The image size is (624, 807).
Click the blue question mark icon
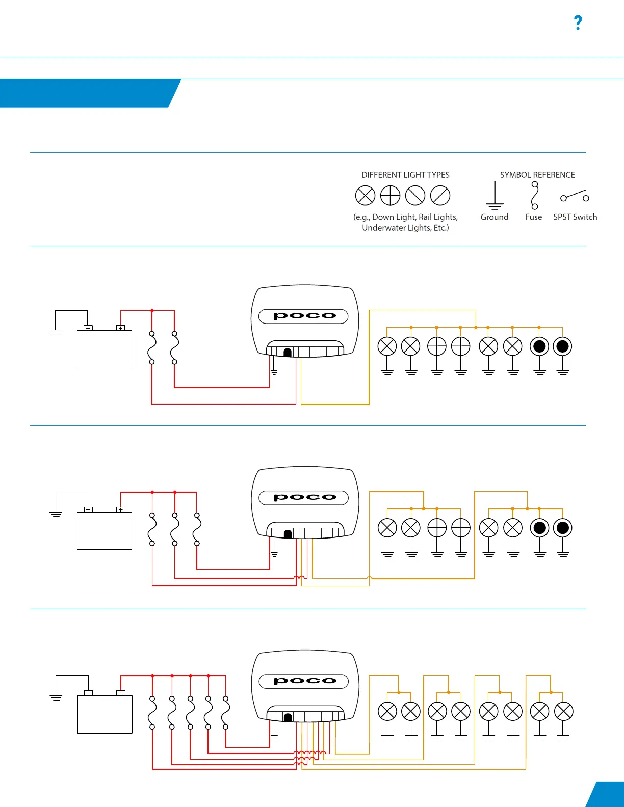578,22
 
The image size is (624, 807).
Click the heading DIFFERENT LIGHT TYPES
405,175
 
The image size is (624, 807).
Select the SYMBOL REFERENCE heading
537,175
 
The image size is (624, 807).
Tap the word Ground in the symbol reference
495,217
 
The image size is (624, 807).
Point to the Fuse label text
534,217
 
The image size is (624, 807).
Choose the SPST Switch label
575,217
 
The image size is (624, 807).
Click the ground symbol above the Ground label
495,196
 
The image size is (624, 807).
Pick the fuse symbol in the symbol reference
535,196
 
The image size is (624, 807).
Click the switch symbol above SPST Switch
575,196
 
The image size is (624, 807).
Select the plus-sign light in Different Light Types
391,196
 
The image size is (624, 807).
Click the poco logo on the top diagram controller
304,316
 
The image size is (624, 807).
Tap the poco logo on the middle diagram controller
304,497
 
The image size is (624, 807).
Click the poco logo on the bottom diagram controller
304,681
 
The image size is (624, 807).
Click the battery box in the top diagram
105,349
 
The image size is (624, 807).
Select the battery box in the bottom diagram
105,714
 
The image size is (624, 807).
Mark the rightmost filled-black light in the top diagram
563,346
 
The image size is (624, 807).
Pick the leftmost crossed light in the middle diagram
387,528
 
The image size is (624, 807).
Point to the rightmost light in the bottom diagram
564,712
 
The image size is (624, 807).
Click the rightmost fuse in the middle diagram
197,529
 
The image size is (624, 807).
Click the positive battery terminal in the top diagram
121,328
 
